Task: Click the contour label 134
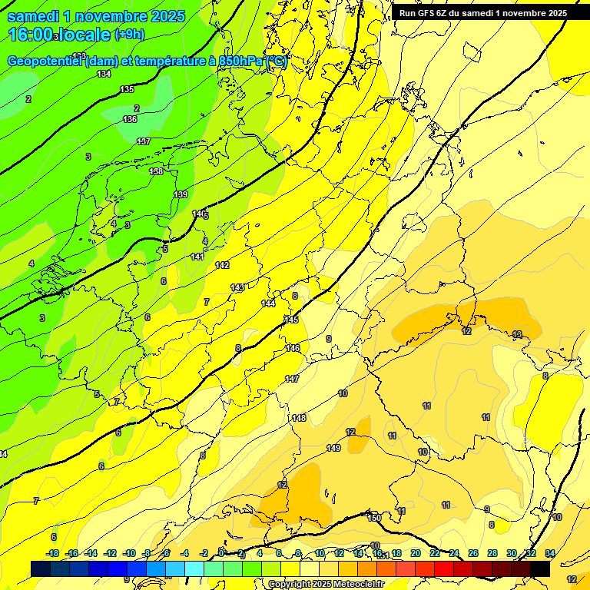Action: [104, 74]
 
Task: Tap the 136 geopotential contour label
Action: [130, 119]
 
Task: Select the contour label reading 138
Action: [156, 171]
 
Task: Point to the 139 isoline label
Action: [181, 194]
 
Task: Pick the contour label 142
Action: [222, 265]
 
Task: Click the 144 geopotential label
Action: [268, 303]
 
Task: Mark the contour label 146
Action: [293, 348]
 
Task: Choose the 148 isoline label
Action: [299, 418]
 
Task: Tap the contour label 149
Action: [333, 448]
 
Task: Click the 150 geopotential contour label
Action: [374, 519]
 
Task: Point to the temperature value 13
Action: [517, 334]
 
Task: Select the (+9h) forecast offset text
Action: [128, 34]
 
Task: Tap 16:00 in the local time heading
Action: [31, 35]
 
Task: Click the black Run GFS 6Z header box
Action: [481, 13]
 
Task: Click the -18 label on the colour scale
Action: [53, 553]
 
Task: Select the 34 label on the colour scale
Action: [550, 553]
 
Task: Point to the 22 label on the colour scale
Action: [435, 553]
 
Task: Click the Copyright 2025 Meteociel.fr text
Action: [326, 584]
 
